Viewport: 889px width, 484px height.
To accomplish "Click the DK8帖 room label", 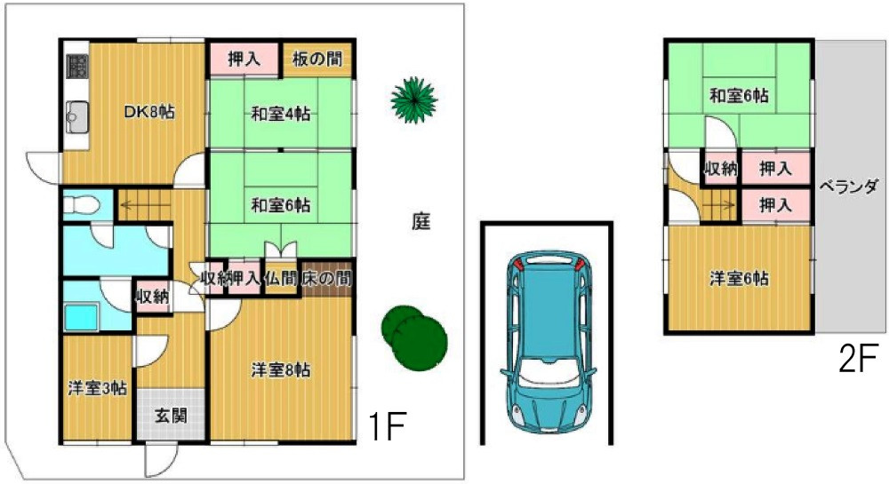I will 148,112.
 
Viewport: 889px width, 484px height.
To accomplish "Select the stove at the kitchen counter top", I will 76,66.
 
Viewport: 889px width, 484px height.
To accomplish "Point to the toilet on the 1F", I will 79,204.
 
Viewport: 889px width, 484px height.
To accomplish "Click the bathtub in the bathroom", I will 84,314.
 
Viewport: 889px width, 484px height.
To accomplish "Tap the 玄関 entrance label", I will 169,415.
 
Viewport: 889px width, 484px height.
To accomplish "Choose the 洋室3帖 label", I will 97,388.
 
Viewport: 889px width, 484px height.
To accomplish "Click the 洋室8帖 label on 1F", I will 280,370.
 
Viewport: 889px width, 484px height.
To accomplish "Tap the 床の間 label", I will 326,279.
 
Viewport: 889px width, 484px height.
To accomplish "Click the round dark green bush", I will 413,333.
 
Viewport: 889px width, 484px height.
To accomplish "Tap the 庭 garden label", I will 420,222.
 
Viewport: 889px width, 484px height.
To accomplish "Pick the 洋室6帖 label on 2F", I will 739,278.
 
